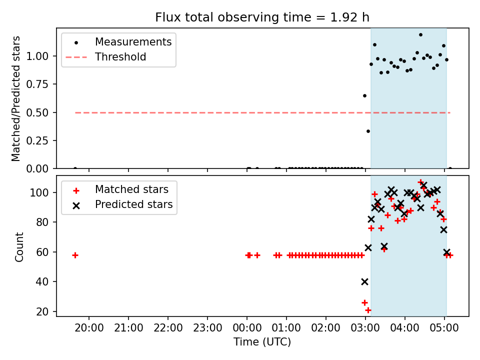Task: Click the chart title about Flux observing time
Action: (262, 17)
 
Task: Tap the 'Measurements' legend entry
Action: (133, 41)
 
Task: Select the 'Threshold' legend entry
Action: (120, 57)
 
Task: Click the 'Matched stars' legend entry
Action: (131, 189)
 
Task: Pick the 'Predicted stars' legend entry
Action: (133, 204)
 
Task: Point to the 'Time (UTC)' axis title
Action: (262, 342)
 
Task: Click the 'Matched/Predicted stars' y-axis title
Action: (16, 98)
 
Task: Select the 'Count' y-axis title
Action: (20, 246)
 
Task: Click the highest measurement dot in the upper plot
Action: (420, 35)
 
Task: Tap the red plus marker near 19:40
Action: (75, 255)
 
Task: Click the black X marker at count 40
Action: (364, 281)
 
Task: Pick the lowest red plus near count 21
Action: (368, 310)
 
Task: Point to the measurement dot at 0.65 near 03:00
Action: (364, 95)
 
